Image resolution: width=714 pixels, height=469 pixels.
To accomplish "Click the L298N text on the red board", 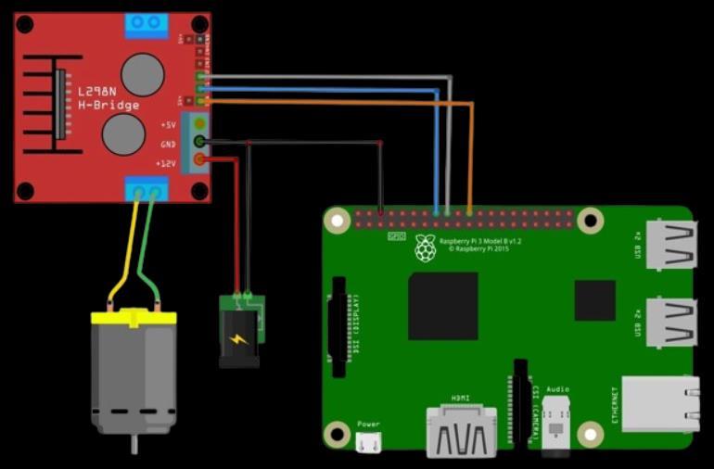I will pyautogui.click(x=96, y=92).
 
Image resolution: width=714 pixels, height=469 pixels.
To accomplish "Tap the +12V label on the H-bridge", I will pyautogui.click(x=167, y=163).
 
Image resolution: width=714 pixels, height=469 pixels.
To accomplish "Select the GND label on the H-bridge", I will pyautogui.click(x=168, y=144).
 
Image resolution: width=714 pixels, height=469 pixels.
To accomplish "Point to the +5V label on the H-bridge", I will pyautogui.click(x=168, y=124).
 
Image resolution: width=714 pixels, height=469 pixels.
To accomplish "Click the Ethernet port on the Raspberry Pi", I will pyautogui.click(x=659, y=403).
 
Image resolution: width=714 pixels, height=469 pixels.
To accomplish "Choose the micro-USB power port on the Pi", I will pyautogui.click(x=368, y=442).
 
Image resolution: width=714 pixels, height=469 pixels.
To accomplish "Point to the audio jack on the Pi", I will pyautogui.click(x=557, y=429).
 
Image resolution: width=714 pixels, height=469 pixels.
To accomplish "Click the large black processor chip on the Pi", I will pyautogui.click(x=443, y=305).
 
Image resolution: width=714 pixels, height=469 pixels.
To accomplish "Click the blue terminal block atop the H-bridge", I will pyautogui.click(x=147, y=23).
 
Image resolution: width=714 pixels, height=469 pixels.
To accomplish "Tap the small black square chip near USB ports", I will pyautogui.click(x=594, y=299).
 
